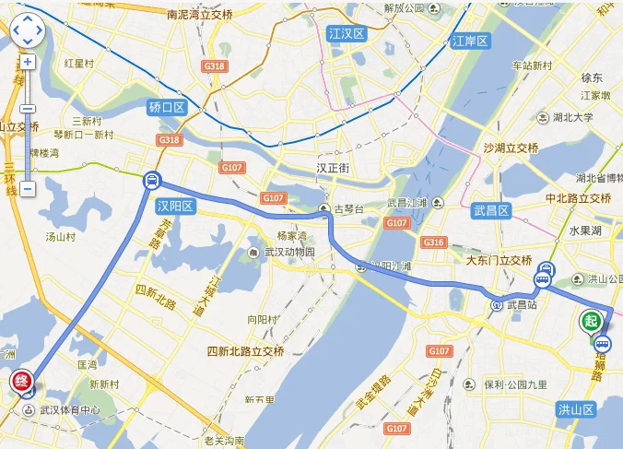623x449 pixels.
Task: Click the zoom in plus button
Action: [28, 63]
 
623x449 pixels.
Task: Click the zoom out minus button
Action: [28, 188]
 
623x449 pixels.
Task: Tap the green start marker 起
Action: [591, 321]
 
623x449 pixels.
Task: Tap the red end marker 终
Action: [20, 380]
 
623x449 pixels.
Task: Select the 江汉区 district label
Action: [347, 34]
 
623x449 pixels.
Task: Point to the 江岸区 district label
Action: [471, 41]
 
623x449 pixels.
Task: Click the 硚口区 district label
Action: [167, 108]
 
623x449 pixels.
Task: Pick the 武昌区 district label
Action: [491, 210]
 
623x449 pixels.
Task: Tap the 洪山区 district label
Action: [578, 408]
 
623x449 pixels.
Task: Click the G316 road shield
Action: [433, 242]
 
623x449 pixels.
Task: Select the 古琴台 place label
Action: [347, 209]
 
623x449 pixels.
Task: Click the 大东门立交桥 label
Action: [499, 260]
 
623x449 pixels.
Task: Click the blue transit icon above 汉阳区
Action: [149, 181]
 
